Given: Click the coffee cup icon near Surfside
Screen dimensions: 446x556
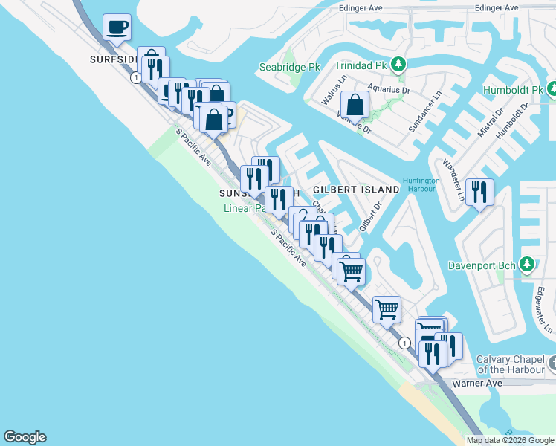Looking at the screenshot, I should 117,28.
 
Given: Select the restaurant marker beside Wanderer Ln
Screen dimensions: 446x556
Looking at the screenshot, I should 479,193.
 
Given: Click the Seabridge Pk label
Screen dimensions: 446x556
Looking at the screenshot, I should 289,68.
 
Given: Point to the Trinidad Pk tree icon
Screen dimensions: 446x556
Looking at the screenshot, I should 399,65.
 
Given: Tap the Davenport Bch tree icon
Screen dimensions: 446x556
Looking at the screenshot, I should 527,265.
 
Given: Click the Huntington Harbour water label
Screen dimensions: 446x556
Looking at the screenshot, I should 421,184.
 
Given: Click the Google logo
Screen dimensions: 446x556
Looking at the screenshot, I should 25,437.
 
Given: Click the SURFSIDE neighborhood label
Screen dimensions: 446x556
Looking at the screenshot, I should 112,59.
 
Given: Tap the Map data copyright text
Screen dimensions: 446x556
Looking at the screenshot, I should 510,440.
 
